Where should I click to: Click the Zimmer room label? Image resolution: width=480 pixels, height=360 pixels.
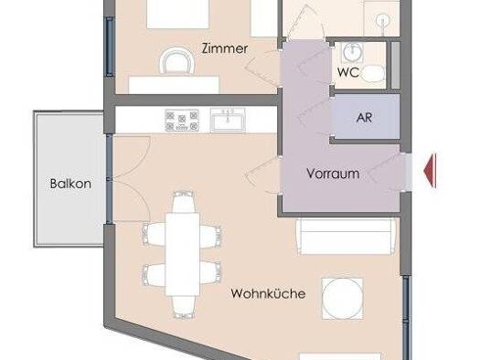(x=225, y=48)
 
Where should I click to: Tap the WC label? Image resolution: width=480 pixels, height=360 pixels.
(x=348, y=72)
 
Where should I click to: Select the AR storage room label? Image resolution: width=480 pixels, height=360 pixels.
(x=364, y=118)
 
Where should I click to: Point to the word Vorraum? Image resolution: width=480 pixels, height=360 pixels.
(x=333, y=174)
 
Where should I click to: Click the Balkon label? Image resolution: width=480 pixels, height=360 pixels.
(x=70, y=184)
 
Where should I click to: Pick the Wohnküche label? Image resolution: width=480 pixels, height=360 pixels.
(x=268, y=293)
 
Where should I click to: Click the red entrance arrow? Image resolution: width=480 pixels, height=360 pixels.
(x=430, y=171)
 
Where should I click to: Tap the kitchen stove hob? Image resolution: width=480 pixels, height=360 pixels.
(x=182, y=121)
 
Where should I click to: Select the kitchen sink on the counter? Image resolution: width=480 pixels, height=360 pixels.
(x=228, y=120)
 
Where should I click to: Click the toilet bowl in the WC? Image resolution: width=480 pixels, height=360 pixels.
(x=373, y=74)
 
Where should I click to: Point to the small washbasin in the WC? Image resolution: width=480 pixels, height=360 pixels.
(x=353, y=52)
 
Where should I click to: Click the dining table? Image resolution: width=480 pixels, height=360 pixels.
(x=183, y=254)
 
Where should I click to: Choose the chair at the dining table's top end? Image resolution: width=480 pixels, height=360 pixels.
(x=183, y=202)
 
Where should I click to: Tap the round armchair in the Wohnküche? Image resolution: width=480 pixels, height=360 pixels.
(x=343, y=299)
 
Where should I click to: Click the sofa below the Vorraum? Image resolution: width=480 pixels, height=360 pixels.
(x=347, y=236)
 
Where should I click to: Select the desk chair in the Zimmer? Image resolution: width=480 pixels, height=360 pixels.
(x=177, y=61)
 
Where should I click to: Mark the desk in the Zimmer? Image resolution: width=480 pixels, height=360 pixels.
(x=174, y=85)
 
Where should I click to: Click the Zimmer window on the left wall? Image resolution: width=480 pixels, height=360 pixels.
(x=110, y=47)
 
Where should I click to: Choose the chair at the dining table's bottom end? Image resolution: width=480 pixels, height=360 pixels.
(x=183, y=307)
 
